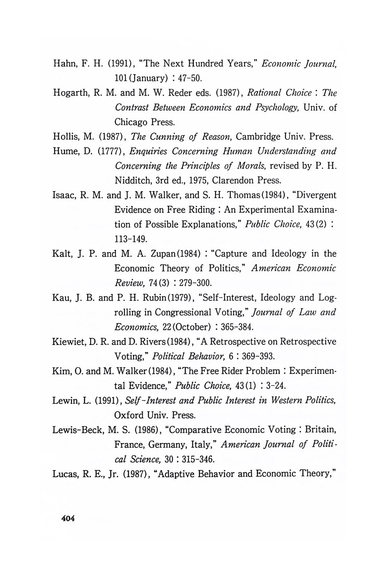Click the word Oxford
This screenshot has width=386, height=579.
click(x=129, y=415)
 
